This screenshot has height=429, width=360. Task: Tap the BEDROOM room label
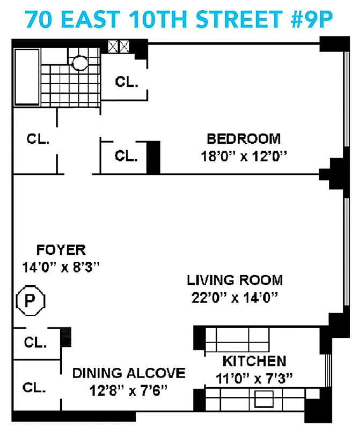244,139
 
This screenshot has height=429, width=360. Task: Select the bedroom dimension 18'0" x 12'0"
244,157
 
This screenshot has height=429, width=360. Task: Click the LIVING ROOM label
234,279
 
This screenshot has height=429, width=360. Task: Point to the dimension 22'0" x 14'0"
234,297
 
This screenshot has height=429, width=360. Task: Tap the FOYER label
61,249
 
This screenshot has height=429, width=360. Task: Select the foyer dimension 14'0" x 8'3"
61,267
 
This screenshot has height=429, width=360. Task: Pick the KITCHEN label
254,360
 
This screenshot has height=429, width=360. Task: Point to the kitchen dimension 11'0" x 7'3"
254,378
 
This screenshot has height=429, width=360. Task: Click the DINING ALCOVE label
129,373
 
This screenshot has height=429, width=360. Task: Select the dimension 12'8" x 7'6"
129,390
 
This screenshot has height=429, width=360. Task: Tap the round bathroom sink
80,63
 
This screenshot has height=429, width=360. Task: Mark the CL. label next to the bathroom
127,83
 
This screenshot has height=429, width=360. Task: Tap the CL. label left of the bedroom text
127,156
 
